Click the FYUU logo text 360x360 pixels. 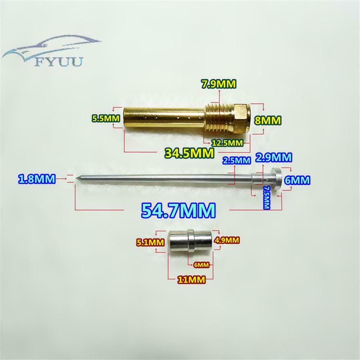click(x=59, y=62)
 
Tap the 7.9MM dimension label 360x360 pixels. click(x=218, y=84)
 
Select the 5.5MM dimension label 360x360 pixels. click(x=106, y=118)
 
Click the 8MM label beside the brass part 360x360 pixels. click(x=268, y=120)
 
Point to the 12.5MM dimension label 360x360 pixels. click(x=227, y=143)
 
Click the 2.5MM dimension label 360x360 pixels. click(x=237, y=160)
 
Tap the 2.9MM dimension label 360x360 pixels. click(x=274, y=158)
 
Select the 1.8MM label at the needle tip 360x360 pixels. click(x=37, y=179)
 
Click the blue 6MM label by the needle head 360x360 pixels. click(x=297, y=180)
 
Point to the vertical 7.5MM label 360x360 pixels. click(x=266, y=197)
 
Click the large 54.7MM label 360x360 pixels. click(x=178, y=210)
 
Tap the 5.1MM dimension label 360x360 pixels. click(x=151, y=242)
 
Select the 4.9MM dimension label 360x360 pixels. click(x=227, y=240)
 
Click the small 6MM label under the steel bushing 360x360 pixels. click(x=201, y=265)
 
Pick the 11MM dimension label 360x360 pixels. click(x=192, y=280)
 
